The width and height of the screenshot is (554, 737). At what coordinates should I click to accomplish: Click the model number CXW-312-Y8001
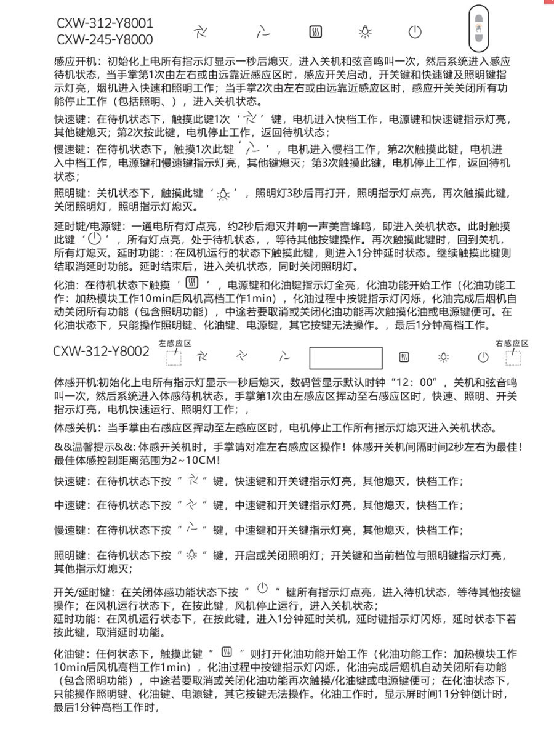[x=105, y=23]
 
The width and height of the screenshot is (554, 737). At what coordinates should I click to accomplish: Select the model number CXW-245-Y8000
[x=105, y=40]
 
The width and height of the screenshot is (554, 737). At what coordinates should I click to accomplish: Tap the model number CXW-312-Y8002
[x=101, y=352]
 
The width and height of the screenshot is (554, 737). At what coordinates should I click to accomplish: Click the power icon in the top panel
[x=415, y=32]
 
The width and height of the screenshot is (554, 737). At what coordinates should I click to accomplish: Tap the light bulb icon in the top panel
[x=365, y=32]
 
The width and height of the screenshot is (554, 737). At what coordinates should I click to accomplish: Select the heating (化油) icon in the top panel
[x=315, y=32]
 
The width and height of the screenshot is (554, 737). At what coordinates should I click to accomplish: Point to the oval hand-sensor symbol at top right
[x=477, y=28]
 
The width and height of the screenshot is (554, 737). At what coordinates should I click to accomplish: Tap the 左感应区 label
[x=175, y=343]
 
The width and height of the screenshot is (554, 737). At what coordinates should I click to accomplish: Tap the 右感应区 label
[x=512, y=343]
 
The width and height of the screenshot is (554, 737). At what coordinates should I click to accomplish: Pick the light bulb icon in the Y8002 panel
[x=443, y=357]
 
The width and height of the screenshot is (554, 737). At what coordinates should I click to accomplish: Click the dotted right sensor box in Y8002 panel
[x=512, y=356]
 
